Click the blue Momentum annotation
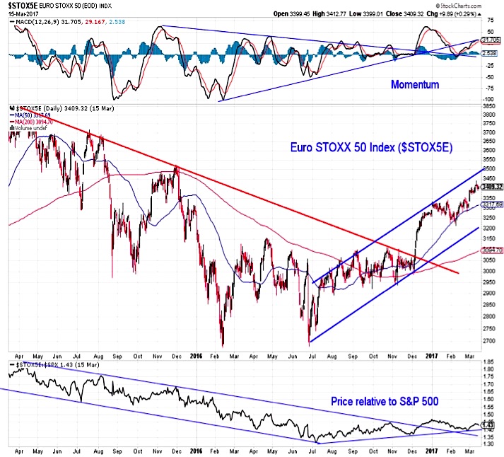(415, 85)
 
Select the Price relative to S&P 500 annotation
(386, 401)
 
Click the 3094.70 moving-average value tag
(492, 250)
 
